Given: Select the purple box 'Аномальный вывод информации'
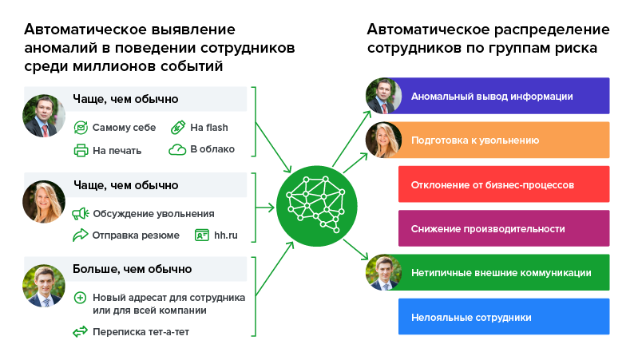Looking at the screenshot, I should [503, 96].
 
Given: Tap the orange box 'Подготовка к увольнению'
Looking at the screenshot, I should [503, 140].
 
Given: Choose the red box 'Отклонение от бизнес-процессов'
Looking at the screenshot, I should [503, 184].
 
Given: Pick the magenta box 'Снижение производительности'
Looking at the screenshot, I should [503, 228].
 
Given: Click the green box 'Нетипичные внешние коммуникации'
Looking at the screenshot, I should [503, 272].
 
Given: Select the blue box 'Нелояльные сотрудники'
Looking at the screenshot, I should [503, 317].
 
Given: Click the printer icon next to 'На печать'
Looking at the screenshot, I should [80, 149].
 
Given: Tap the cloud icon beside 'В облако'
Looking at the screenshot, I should [176, 149].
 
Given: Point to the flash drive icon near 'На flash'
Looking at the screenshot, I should [177, 127].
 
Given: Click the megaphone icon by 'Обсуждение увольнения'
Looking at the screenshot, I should [80, 213].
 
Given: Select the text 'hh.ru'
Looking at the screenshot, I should [228, 235].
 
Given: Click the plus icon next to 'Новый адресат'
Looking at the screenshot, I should [80, 298].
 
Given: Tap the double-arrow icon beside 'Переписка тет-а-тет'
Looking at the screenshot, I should [80, 331].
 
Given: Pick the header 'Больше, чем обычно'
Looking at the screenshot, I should [133, 269].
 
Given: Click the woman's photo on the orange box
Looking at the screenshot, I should [382, 140].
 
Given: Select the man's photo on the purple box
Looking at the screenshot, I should [382, 96].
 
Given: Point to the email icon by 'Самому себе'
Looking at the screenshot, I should [80, 127].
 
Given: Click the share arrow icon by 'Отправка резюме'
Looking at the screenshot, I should [80, 235].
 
